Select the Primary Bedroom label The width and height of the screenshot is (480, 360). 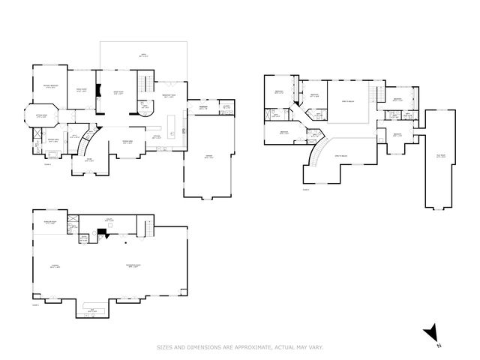pos(50,87)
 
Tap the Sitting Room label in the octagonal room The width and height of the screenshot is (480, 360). pos(43,116)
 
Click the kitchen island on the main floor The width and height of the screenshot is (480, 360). pos(170,124)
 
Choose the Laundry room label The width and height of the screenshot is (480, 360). pos(226,106)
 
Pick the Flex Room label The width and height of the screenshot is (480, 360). pos(440,156)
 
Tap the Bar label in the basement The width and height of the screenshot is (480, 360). pos(92,310)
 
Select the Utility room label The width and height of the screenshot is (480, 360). pos(109,220)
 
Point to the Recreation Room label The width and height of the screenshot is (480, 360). pos(133,265)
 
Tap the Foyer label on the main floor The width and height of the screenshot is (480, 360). pos(88,159)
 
